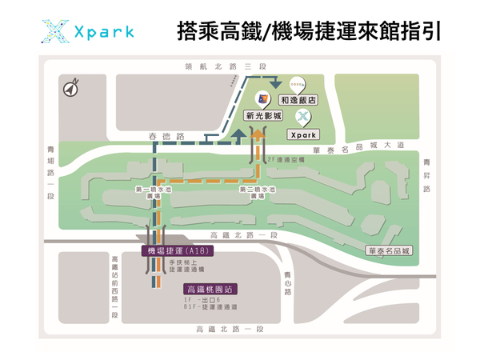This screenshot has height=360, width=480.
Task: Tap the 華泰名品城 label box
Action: coord(389,250)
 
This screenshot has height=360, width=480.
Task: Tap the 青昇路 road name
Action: coord(426,175)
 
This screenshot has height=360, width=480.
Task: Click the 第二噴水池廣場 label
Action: coord(258,193)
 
